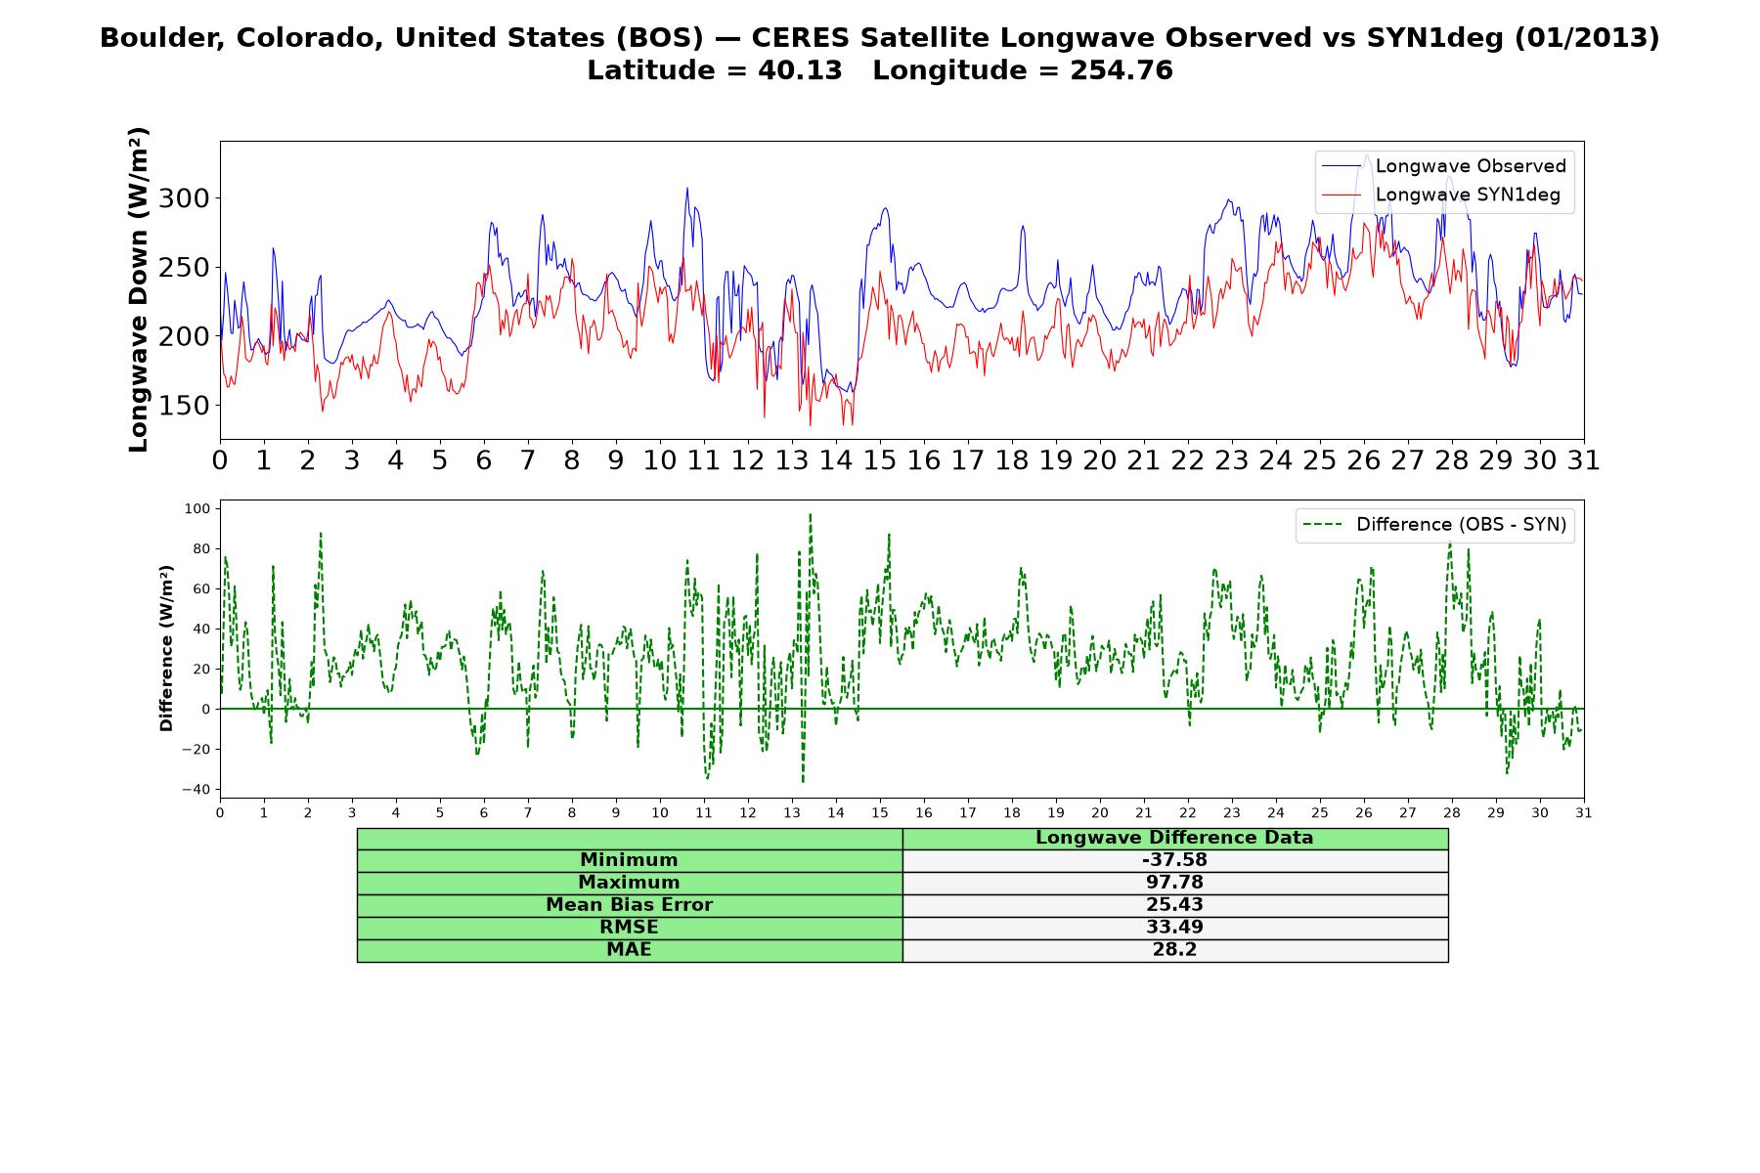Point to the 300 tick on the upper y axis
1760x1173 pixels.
point(186,198)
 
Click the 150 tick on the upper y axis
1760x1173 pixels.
point(186,405)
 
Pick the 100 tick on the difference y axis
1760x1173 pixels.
point(198,508)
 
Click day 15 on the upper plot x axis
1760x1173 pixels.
point(880,459)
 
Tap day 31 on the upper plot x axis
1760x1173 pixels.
point(1584,459)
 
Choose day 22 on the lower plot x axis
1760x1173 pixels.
point(1188,812)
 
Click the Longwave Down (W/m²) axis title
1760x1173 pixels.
point(139,289)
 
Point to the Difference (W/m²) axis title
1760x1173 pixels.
point(166,648)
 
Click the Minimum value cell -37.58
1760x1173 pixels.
point(1174,860)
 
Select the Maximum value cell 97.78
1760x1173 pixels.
point(1174,883)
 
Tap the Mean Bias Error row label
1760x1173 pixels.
point(629,905)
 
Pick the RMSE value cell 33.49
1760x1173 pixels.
point(1174,928)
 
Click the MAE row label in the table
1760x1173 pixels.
point(629,950)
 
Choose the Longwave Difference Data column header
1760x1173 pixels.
point(1174,838)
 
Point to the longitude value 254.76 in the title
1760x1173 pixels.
point(1122,70)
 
